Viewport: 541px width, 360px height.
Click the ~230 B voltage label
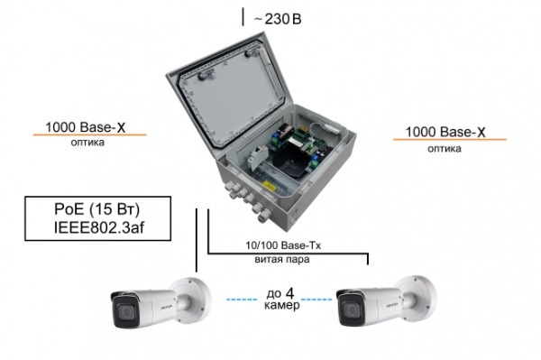point(278,19)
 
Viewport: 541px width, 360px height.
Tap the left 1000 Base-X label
point(86,127)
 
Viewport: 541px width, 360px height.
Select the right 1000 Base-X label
point(445,132)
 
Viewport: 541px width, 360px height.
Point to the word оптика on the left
point(87,143)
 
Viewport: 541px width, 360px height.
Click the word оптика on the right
point(445,148)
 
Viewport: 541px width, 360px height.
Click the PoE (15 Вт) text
point(97,209)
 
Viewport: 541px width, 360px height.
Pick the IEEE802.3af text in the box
point(98,227)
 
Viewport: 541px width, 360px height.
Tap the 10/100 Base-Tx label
point(283,245)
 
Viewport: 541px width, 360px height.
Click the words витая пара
point(282,259)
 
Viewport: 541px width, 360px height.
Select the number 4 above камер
point(289,293)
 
